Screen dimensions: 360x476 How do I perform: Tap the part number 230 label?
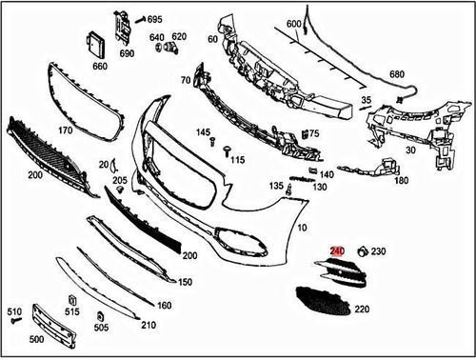tap(379, 251)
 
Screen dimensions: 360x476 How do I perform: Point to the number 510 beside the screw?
tap(14, 311)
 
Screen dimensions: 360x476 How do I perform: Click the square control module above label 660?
tap(96, 45)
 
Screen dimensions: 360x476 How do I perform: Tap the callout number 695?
tap(154, 19)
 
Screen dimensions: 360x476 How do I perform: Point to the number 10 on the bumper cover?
tap(302, 230)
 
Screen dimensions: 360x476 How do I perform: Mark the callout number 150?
tap(185, 282)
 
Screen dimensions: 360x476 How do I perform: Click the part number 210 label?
tap(148, 326)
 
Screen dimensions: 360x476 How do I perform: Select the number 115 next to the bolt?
tap(237, 159)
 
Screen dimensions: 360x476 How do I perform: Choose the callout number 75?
tap(313, 134)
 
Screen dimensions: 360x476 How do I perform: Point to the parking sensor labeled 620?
tap(172, 46)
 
